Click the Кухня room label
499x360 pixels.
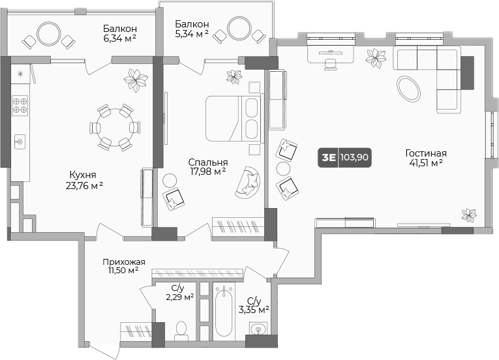[x=83, y=175]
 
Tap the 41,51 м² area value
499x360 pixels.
[x=426, y=163]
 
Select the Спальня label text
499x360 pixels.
[x=208, y=162]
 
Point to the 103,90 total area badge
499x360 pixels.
[x=354, y=157]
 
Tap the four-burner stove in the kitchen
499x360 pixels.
[x=20, y=106]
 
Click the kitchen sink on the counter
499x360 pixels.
[x=20, y=142]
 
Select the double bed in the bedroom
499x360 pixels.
[x=234, y=118]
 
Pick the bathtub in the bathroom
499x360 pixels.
[x=224, y=310]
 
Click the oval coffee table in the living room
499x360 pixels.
[x=408, y=89]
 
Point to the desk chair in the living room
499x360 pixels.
[x=331, y=64]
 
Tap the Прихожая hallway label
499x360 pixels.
[x=124, y=262]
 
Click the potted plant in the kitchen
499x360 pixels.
[x=136, y=80]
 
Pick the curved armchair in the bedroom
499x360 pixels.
[x=248, y=182]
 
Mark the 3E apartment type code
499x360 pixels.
[x=329, y=157]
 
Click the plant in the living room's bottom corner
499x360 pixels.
[x=469, y=215]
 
